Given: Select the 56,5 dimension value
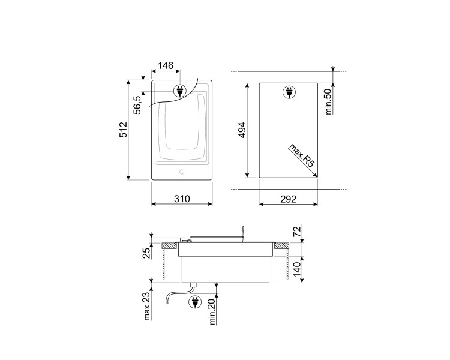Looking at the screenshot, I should coord(137,104).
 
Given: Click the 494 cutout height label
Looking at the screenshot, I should coord(243,130).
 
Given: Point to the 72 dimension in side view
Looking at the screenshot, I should coord(296,232).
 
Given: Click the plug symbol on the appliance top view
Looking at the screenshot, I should coord(179,91).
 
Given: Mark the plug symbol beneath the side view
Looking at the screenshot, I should coord(195,302).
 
